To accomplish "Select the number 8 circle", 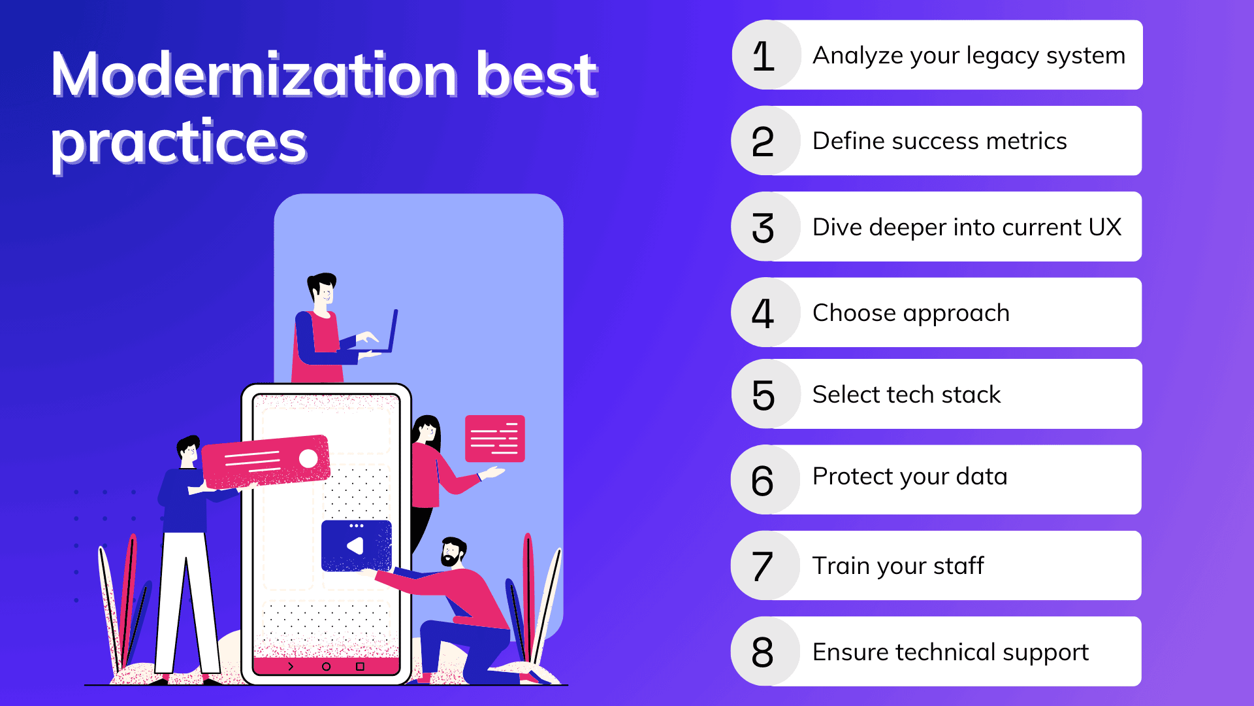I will pos(763,652).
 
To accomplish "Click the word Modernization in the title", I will pos(255,75).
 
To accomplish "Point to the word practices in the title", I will pos(179,143).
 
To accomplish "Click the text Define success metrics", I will pos(939,141).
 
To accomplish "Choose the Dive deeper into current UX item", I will pos(967,227).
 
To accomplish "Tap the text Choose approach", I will pos(910,313).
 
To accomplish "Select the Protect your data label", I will pos(909,477).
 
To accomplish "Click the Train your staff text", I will pos(897,566).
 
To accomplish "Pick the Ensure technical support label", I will pos(950,652).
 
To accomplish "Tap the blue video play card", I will pos(357,546).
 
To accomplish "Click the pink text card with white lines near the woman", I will pos(494,439).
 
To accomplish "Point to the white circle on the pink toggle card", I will pos(308,458).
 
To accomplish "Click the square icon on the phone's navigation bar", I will pos(360,667).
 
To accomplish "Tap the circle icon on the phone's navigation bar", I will pos(326,667).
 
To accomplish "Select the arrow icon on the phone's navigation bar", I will pos(291,667).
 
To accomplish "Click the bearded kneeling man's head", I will pos(452,552).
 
